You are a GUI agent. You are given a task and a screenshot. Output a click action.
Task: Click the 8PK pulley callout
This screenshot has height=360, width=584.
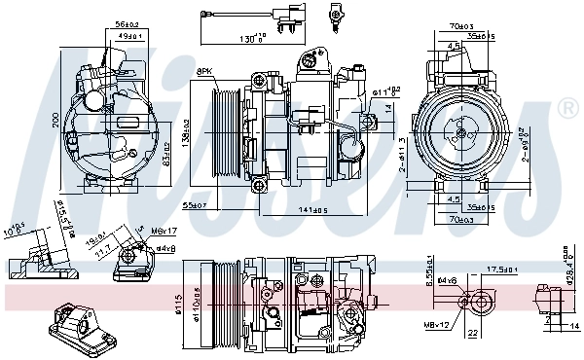click(x=205, y=72)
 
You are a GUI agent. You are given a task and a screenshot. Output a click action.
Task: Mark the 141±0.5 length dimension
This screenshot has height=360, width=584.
click(x=313, y=208)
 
